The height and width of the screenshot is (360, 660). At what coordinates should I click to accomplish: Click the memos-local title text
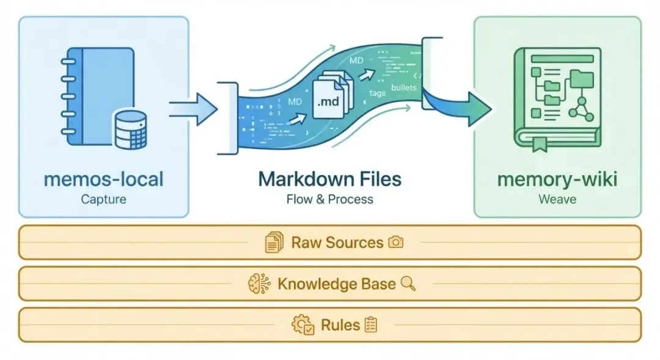pos(104,179)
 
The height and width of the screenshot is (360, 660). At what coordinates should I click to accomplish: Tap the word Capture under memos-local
pos(104,199)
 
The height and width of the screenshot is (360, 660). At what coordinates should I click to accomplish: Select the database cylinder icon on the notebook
pos(131,130)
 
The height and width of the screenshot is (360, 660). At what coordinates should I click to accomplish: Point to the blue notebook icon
pos(98,97)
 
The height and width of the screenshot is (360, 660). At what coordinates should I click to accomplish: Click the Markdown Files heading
pos(329,179)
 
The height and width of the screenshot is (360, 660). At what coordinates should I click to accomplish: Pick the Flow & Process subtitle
pos(329,199)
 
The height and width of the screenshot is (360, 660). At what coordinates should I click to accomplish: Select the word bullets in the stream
pos(403,87)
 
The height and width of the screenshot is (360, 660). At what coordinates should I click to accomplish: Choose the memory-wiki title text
pos(557,179)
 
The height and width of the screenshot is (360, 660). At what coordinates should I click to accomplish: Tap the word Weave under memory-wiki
pos(557,199)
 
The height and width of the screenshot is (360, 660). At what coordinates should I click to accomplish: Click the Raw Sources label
pos(337,243)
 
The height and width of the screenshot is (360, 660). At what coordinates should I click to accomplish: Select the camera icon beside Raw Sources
pos(396,243)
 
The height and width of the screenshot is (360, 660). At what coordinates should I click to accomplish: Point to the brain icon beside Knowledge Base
pos(259,284)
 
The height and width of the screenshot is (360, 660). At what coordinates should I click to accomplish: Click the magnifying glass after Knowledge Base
pos(408,284)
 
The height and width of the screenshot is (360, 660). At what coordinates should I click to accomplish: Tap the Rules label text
pos(340,325)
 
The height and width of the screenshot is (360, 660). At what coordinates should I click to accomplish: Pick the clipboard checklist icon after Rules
pos(370,325)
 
